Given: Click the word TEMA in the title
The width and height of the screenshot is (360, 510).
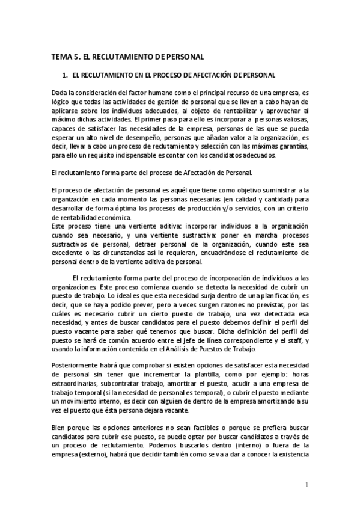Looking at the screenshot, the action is (61, 57).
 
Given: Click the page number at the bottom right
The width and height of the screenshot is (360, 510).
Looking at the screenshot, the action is (306, 484).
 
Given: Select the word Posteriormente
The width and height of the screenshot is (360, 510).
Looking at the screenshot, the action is (75, 367).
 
